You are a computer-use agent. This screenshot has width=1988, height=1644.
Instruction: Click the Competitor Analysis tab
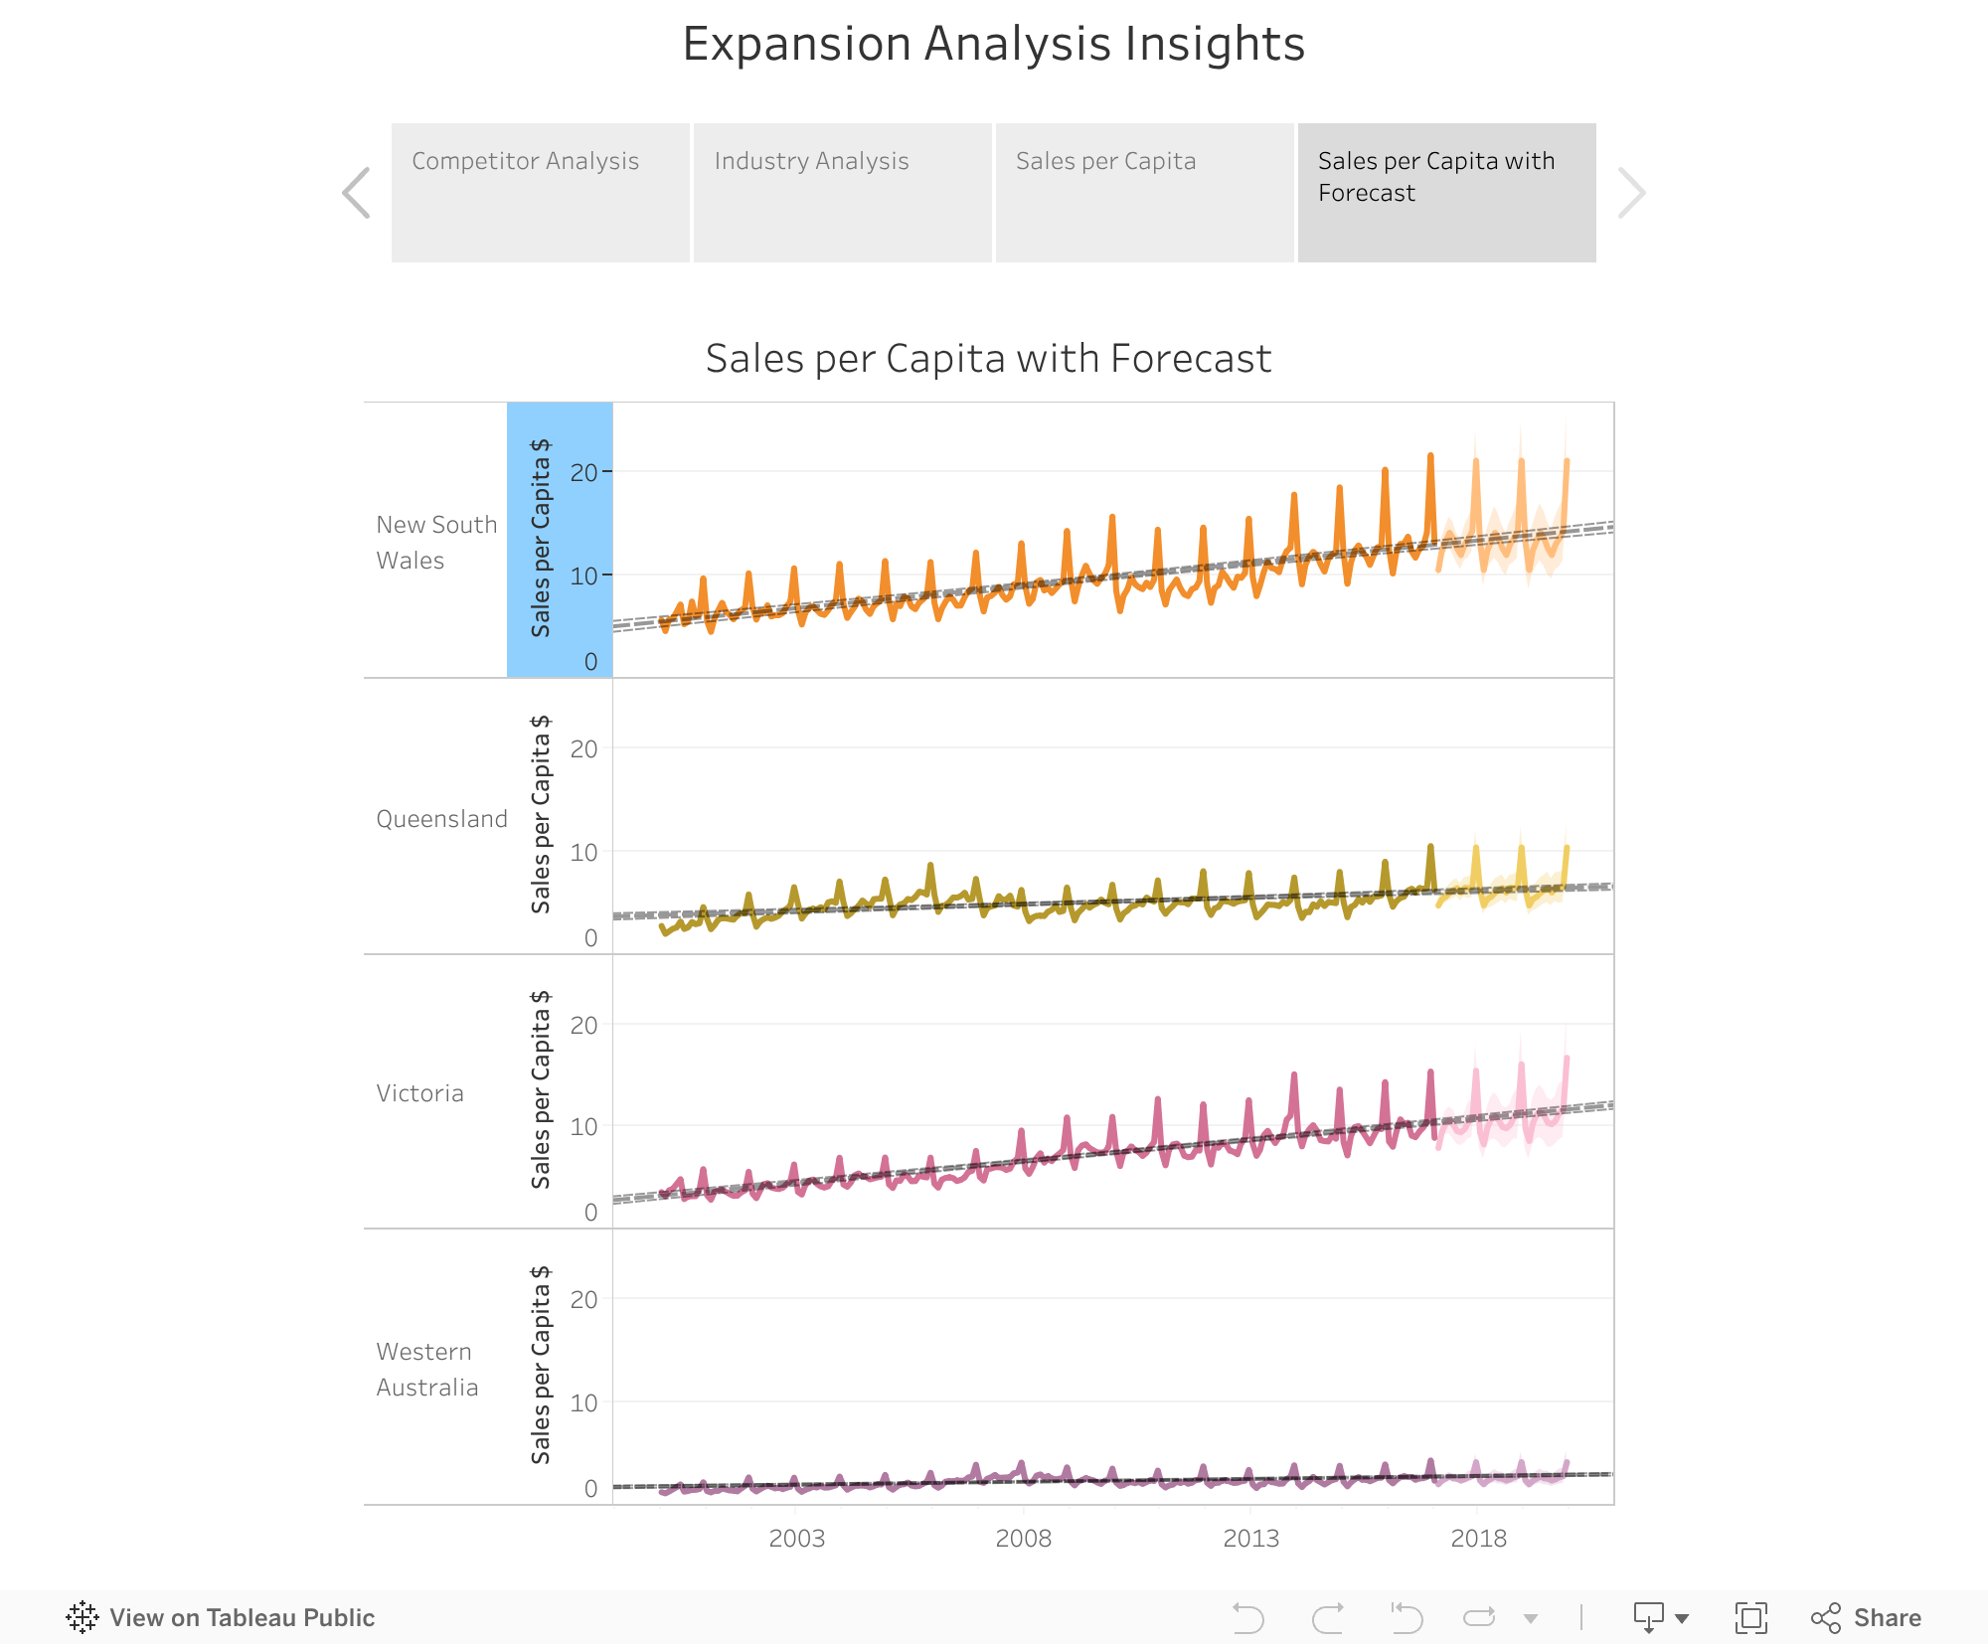point(540,192)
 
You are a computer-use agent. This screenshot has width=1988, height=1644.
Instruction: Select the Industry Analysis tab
point(842,192)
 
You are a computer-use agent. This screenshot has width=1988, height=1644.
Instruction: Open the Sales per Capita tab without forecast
point(1144,192)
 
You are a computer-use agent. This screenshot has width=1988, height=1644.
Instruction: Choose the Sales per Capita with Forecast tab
point(1446,192)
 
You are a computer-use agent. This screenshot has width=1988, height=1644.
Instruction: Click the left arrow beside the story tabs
point(356,192)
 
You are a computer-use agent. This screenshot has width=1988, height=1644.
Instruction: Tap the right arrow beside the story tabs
point(1631,192)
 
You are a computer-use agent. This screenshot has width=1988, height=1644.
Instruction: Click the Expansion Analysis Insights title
point(993,44)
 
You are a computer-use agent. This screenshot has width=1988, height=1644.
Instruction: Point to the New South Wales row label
point(436,542)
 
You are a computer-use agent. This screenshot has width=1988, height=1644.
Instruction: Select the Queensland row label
point(441,819)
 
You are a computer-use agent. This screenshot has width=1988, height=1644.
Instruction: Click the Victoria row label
point(419,1093)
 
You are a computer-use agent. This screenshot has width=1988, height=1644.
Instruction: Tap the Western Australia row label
point(427,1369)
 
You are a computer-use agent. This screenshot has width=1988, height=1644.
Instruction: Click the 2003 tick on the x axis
point(796,1539)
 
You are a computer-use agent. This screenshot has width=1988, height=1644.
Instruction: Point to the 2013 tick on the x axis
point(1250,1539)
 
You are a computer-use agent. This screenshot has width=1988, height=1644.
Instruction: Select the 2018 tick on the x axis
point(1478,1539)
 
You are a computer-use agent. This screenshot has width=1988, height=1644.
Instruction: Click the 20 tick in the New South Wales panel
point(584,472)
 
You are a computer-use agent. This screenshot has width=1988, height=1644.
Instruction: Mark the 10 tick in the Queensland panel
point(584,853)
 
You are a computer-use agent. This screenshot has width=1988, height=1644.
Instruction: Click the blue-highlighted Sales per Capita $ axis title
point(542,538)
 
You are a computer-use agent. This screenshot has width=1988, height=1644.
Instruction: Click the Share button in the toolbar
point(1866,1618)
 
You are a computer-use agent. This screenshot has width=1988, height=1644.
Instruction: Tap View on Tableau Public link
point(221,1618)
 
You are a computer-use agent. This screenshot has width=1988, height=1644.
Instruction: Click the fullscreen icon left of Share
point(1750,1618)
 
